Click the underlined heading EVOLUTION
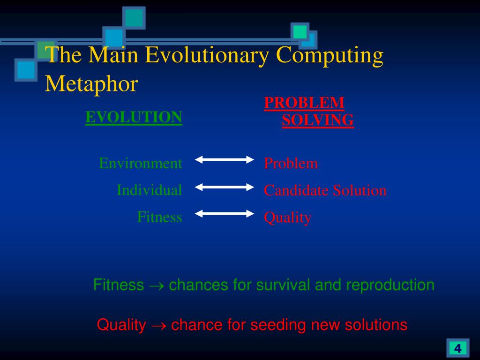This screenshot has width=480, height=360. pyautogui.click(x=134, y=117)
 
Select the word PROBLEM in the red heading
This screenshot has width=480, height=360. pyautogui.click(x=304, y=103)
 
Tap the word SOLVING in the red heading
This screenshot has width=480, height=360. pyautogui.click(x=318, y=120)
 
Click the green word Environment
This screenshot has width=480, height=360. pyautogui.click(x=141, y=163)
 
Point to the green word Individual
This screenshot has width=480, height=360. pyautogui.click(x=150, y=190)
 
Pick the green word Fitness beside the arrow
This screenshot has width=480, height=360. pyautogui.click(x=159, y=217)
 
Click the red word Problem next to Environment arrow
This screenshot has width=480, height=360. pyautogui.click(x=291, y=163)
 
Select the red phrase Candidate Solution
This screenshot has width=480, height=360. pyautogui.click(x=325, y=190)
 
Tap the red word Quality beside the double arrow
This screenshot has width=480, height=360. pyautogui.click(x=288, y=217)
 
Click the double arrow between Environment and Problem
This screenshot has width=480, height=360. pyautogui.click(x=225, y=159)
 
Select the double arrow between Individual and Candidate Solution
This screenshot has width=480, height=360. pyautogui.click(x=225, y=187)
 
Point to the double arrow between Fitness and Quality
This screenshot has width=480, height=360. pyautogui.click(x=225, y=214)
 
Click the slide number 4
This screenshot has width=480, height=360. pyautogui.click(x=457, y=348)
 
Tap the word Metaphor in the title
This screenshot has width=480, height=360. pyautogui.click(x=91, y=83)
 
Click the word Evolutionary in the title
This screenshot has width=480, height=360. pyautogui.click(x=207, y=55)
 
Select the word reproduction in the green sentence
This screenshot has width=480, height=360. pyautogui.click(x=390, y=285)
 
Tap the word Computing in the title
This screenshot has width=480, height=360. pyautogui.click(x=330, y=55)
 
